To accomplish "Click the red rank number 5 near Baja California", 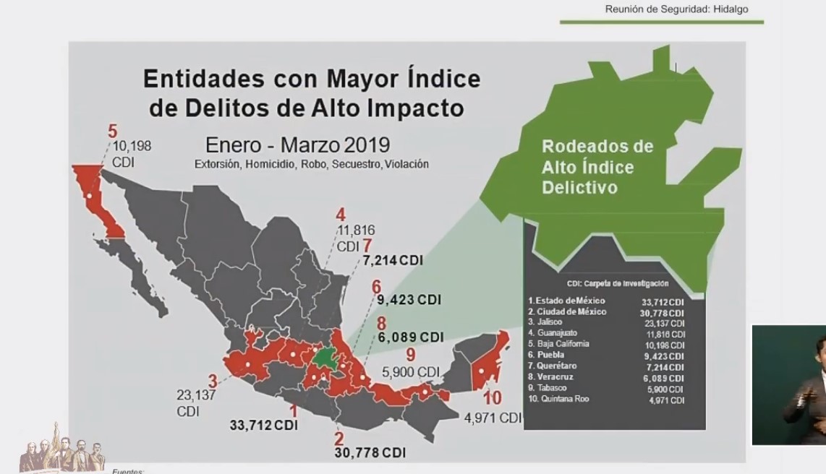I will [112, 132].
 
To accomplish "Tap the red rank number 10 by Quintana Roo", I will [493, 397].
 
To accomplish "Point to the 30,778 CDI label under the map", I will [370, 452].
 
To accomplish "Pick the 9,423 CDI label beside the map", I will [409, 299].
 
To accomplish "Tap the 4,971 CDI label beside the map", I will [492, 418].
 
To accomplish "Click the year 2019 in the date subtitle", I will [367, 144].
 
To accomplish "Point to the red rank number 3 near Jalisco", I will [213, 380].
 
